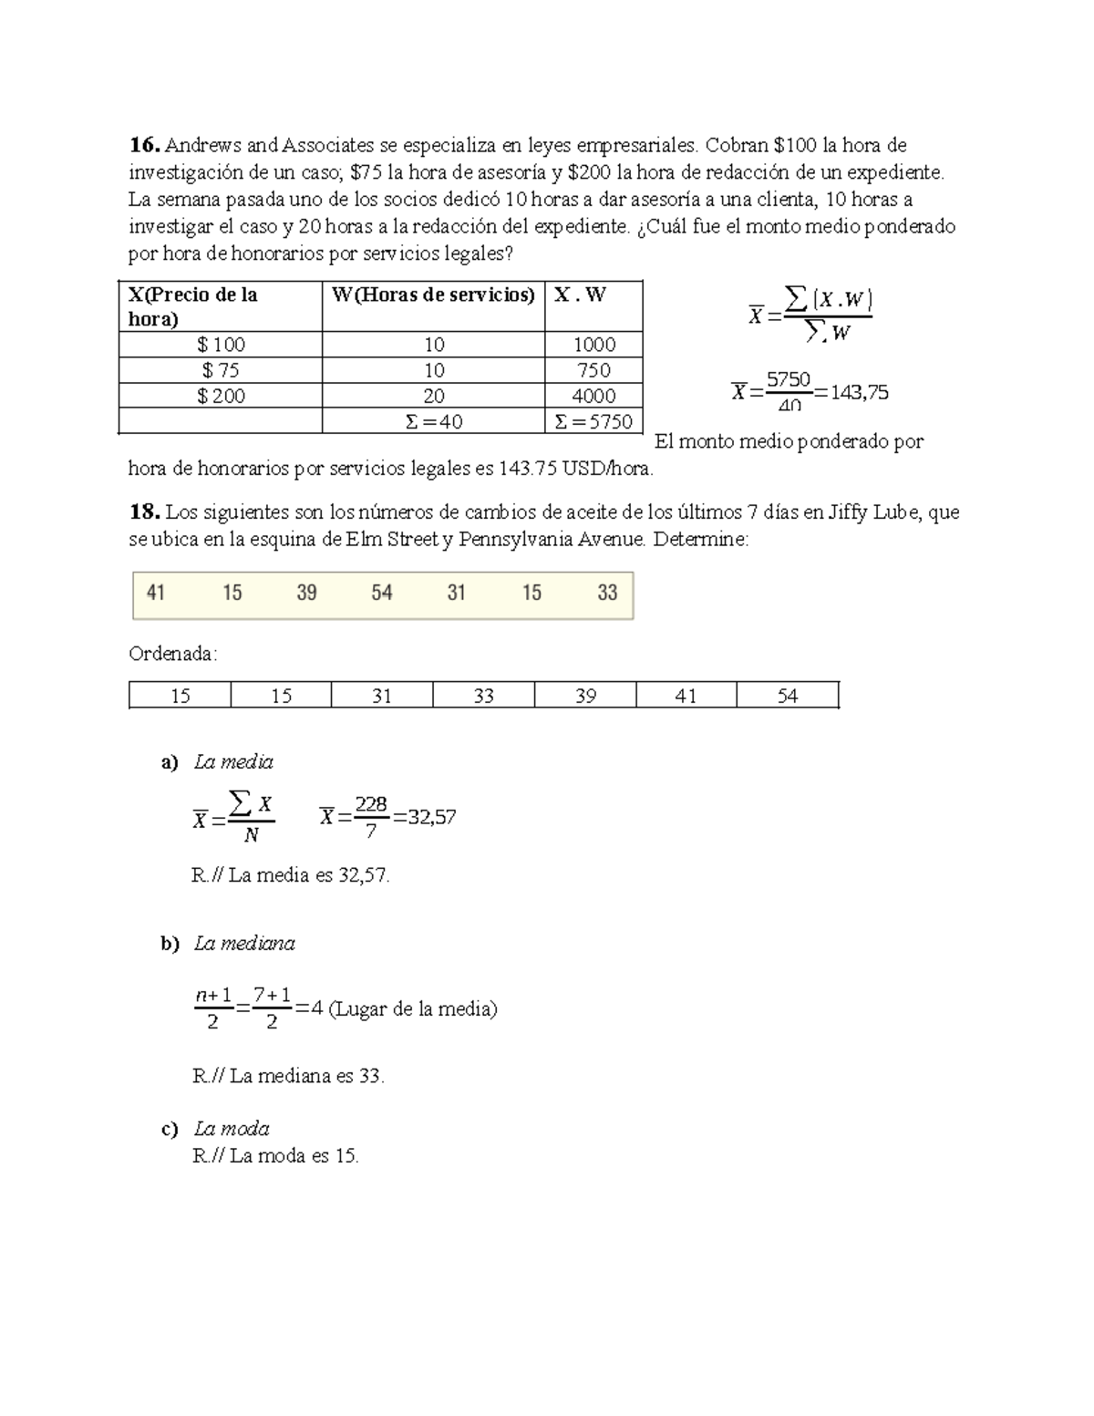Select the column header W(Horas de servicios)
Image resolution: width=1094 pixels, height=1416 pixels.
click(432, 295)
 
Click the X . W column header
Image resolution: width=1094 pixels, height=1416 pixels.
click(580, 295)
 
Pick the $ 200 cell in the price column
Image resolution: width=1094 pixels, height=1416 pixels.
click(221, 396)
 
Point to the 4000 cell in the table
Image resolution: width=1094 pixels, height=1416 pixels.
click(593, 396)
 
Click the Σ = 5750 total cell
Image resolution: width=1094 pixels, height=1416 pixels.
click(593, 421)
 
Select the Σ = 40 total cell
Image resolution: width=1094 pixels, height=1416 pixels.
click(434, 421)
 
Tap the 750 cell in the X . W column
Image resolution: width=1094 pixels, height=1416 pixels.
click(593, 370)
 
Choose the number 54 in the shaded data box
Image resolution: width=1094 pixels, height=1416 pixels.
click(381, 593)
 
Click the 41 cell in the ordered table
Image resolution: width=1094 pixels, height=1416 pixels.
click(686, 696)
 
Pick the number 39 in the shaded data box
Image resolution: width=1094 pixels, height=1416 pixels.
click(306, 593)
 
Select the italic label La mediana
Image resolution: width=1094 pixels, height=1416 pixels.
click(244, 944)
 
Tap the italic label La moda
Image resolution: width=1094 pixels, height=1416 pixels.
click(232, 1129)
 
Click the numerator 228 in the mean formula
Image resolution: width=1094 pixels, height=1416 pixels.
click(371, 804)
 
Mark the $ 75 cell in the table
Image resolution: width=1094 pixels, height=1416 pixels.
click(221, 370)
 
